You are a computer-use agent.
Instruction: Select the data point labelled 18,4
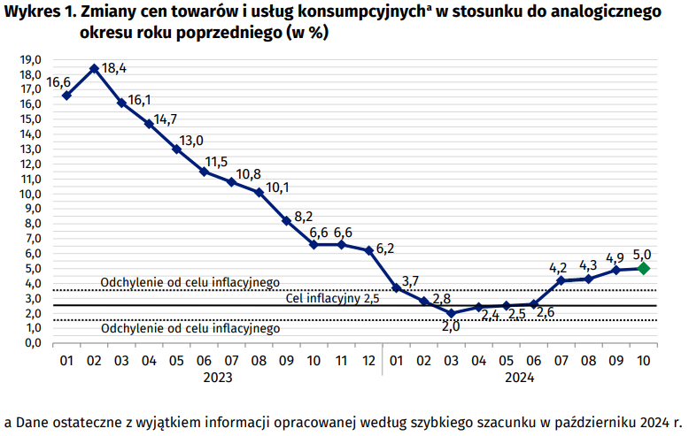click(94, 68)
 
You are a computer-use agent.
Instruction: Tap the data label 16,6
click(58, 81)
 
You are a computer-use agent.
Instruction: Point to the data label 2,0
click(452, 326)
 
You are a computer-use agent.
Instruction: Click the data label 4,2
click(558, 266)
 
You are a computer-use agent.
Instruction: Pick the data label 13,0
click(192, 140)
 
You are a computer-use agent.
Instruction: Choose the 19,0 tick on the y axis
click(31, 59)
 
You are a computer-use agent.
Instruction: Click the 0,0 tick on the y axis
click(31, 343)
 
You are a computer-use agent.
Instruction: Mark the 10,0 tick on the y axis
click(31, 194)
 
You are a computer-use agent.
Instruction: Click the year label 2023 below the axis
click(218, 378)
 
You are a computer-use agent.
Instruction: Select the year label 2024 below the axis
click(519, 378)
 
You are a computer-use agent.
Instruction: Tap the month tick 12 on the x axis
click(368, 361)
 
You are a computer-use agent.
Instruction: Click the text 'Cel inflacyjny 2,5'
click(332, 298)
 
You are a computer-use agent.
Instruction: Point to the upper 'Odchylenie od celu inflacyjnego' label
click(190, 282)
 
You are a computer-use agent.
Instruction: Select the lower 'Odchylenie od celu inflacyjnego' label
click(190, 328)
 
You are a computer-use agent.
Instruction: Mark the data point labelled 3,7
click(397, 287)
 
